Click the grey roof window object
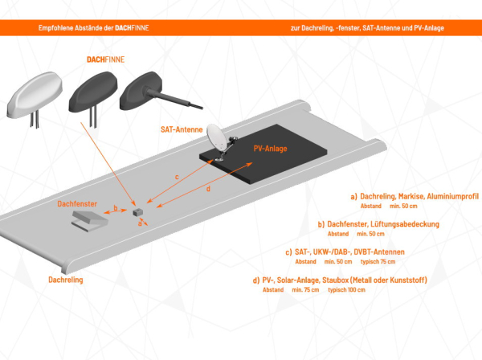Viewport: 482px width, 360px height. click(x=88, y=220)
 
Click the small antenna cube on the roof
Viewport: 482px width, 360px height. click(x=137, y=209)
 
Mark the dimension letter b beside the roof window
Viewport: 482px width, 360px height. click(x=116, y=208)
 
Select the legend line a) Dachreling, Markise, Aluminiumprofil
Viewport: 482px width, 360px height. click(x=414, y=196)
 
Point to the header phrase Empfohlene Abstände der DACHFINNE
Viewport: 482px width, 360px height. click(x=93, y=27)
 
